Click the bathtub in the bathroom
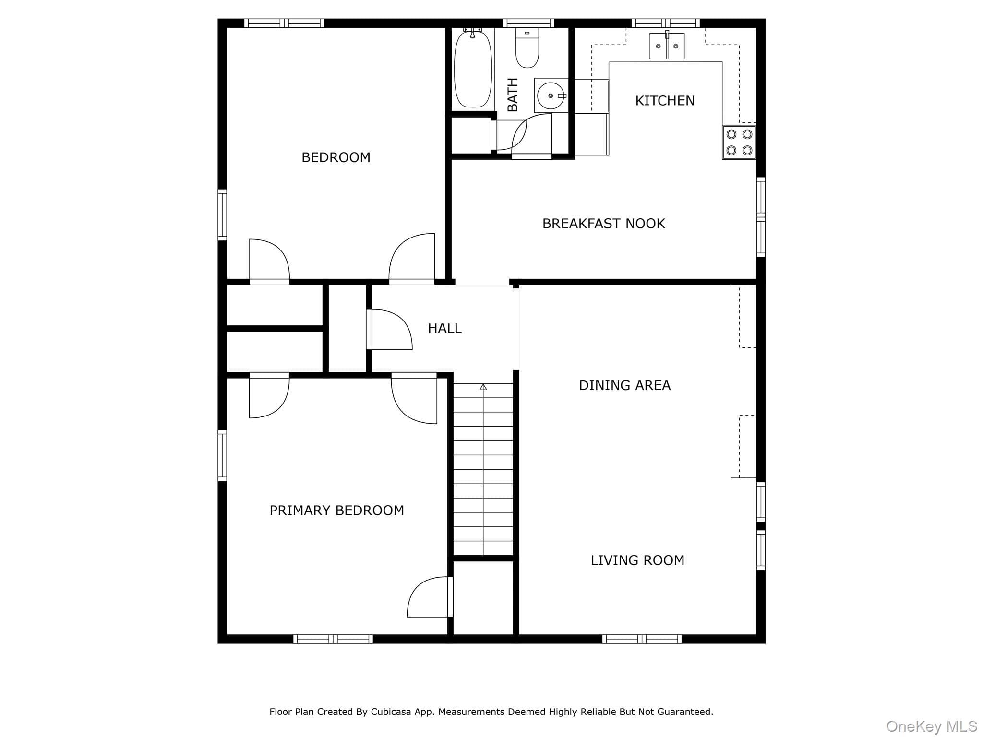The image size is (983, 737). coord(473,69)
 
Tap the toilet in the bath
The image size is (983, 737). coord(527,48)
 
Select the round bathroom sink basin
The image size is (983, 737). coord(551,96)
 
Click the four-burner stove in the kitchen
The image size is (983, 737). coord(739,142)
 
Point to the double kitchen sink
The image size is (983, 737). coord(667,46)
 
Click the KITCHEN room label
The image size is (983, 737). coord(665,101)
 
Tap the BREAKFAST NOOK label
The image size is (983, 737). coord(603,224)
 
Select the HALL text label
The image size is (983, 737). coord(444,329)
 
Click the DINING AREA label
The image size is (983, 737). coord(624,385)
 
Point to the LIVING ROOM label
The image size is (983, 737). coord(637,560)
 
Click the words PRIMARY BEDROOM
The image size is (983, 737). coord(336,511)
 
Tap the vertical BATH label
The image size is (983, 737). coord(513,95)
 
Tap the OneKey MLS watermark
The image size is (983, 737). coord(931,726)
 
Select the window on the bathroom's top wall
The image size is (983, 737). coord(528,23)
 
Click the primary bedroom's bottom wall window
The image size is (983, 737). coord(333,639)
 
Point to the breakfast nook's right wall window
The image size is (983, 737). coord(761,217)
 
